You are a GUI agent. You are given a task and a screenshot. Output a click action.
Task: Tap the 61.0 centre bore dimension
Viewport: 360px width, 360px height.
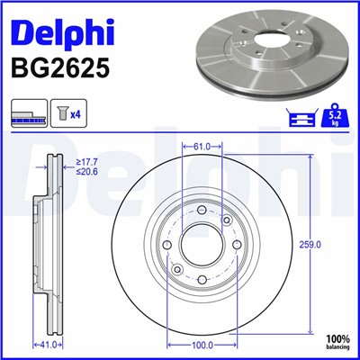point(202,146)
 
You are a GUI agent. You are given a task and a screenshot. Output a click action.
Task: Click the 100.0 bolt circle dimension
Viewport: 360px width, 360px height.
point(202,344)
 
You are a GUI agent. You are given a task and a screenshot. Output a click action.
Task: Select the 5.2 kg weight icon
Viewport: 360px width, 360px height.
point(333,115)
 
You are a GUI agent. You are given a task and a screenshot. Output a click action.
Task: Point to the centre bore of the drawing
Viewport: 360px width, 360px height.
point(202,244)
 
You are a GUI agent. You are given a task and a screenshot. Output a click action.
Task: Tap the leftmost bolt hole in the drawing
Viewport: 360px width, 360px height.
point(168,244)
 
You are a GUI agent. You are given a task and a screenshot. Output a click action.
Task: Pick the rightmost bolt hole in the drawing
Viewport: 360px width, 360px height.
point(235,244)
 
